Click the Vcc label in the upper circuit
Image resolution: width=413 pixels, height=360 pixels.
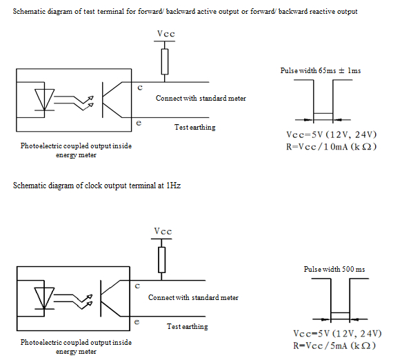[x=166, y=34]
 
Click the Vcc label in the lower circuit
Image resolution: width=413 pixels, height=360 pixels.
[x=163, y=232]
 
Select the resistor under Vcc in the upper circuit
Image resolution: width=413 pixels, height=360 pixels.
[x=165, y=61]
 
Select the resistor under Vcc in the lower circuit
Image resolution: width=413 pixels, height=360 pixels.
[x=162, y=259]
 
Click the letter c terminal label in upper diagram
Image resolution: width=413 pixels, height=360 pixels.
[x=140, y=88]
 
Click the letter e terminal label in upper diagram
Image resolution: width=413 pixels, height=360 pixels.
[x=139, y=123]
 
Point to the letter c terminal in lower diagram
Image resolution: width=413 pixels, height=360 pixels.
[x=137, y=286]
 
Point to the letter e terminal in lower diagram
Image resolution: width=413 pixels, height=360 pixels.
[x=137, y=322]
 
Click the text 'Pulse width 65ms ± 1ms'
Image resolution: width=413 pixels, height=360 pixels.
[x=321, y=70]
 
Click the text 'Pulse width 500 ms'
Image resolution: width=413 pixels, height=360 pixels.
[x=334, y=269]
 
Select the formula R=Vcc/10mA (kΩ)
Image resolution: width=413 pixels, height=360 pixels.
[x=332, y=146]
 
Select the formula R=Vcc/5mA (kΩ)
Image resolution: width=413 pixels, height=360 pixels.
[x=334, y=346]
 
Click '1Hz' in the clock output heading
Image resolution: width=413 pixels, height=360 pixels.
[x=173, y=186]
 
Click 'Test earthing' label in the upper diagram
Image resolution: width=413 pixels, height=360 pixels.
[x=195, y=128]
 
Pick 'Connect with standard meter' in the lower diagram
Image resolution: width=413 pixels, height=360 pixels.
[x=193, y=297]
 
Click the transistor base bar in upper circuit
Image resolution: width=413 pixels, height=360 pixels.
[x=103, y=100]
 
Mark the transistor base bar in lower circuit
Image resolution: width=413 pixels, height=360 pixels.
[x=101, y=299]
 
